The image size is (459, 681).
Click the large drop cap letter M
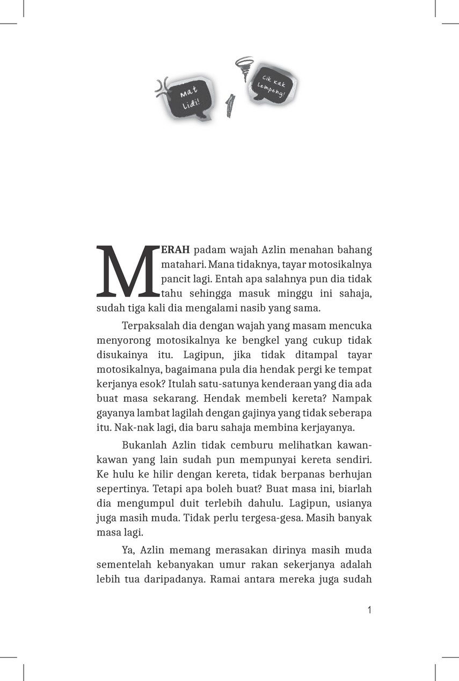click(x=128, y=272)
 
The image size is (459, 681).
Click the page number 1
click(x=369, y=610)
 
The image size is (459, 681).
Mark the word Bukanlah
click(x=145, y=446)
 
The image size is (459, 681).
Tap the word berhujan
click(x=351, y=475)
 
